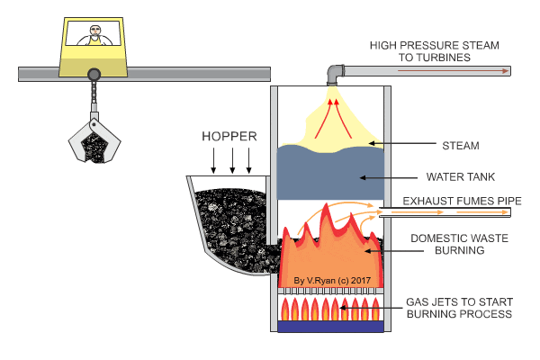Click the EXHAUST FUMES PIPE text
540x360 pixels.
456,202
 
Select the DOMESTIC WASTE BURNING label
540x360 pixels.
447,245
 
